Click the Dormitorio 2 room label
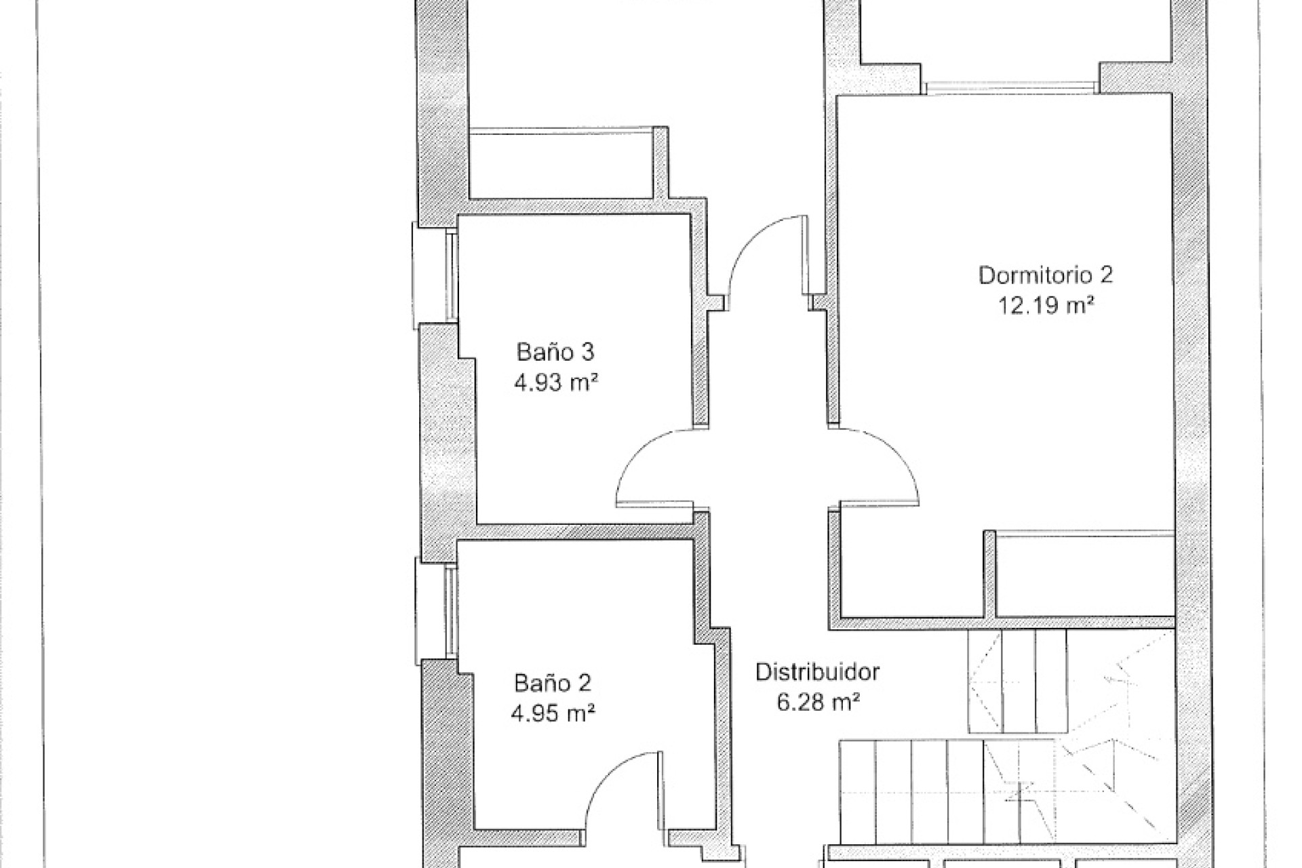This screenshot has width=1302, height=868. click(1046, 275)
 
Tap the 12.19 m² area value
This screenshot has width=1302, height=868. click(1046, 306)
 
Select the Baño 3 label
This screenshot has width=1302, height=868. click(555, 353)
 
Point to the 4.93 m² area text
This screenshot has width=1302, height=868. click(555, 383)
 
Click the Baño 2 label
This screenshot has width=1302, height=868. click(553, 682)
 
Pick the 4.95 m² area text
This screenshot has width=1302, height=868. click(553, 713)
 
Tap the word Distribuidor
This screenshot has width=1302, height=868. click(818, 672)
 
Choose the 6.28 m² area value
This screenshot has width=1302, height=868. click(818, 703)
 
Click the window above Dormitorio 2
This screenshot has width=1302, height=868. click(1010, 87)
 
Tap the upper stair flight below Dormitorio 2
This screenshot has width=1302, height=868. click(1017, 680)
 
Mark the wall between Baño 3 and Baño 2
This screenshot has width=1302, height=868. click(586, 532)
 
